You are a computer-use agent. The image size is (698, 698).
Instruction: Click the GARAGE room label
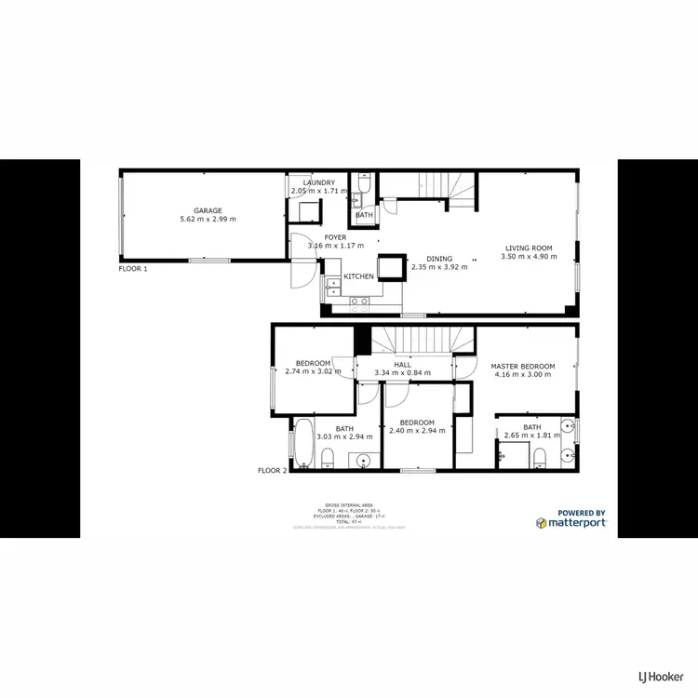pos(208,210)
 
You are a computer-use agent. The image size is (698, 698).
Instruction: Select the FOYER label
pos(335,237)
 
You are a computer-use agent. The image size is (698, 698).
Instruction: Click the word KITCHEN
pos(359,276)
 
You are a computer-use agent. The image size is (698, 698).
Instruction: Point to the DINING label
pos(439,259)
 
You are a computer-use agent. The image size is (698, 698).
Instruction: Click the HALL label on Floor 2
pos(402,365)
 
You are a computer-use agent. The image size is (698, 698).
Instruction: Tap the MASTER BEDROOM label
pos(522,366)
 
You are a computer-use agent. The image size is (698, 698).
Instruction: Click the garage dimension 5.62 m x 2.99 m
pos(208,220)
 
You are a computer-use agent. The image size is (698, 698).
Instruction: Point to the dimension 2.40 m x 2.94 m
pos(417,431)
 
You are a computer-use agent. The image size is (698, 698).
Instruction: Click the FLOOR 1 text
pos(133,268)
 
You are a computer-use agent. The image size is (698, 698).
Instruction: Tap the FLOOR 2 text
pos(273,471)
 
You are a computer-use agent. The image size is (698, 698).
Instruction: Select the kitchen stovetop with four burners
pos(359,300)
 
